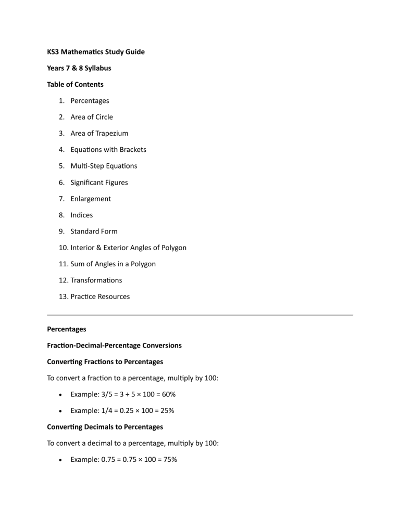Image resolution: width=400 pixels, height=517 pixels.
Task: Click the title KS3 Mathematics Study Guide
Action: click(96, 51)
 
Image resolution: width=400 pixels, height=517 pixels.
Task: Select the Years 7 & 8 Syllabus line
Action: click(79, 68)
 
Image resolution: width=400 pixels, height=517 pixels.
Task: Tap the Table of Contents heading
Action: click(75, 84)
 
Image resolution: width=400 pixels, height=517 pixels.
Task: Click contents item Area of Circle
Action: click(92, 117)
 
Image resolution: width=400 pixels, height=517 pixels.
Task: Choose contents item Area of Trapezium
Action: click(99, 133)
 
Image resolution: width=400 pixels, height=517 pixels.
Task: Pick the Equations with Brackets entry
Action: click(108, 149)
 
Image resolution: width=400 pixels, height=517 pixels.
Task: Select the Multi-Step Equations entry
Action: click(104, 166)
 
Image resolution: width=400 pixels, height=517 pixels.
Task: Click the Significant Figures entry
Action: click(99, 182)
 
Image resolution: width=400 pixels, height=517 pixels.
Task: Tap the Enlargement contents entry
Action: click(91, 199)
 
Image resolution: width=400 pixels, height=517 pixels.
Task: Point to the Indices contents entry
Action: click(82, 215)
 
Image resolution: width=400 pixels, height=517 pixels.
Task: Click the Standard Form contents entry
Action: click(94, 231)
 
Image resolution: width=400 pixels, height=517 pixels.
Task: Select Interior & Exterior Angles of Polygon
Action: click(128, 248)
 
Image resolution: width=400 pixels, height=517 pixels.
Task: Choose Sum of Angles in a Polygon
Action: click(113, 264)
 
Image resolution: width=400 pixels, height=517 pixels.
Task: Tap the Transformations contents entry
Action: click(96, 280)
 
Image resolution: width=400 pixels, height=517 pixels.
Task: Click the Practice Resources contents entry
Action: click(100, 296)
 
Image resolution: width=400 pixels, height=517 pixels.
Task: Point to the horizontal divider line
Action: click(200, 315)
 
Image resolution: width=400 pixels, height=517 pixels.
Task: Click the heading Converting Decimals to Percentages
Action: click(105, 426)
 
